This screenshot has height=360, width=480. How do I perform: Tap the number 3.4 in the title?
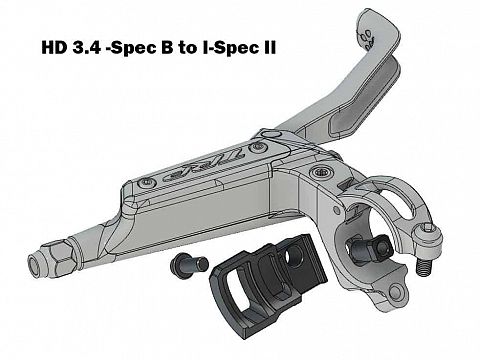point(86,48)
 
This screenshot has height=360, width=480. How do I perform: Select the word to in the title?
point(188,48)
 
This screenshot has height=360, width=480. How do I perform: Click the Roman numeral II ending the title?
point(267,48)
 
